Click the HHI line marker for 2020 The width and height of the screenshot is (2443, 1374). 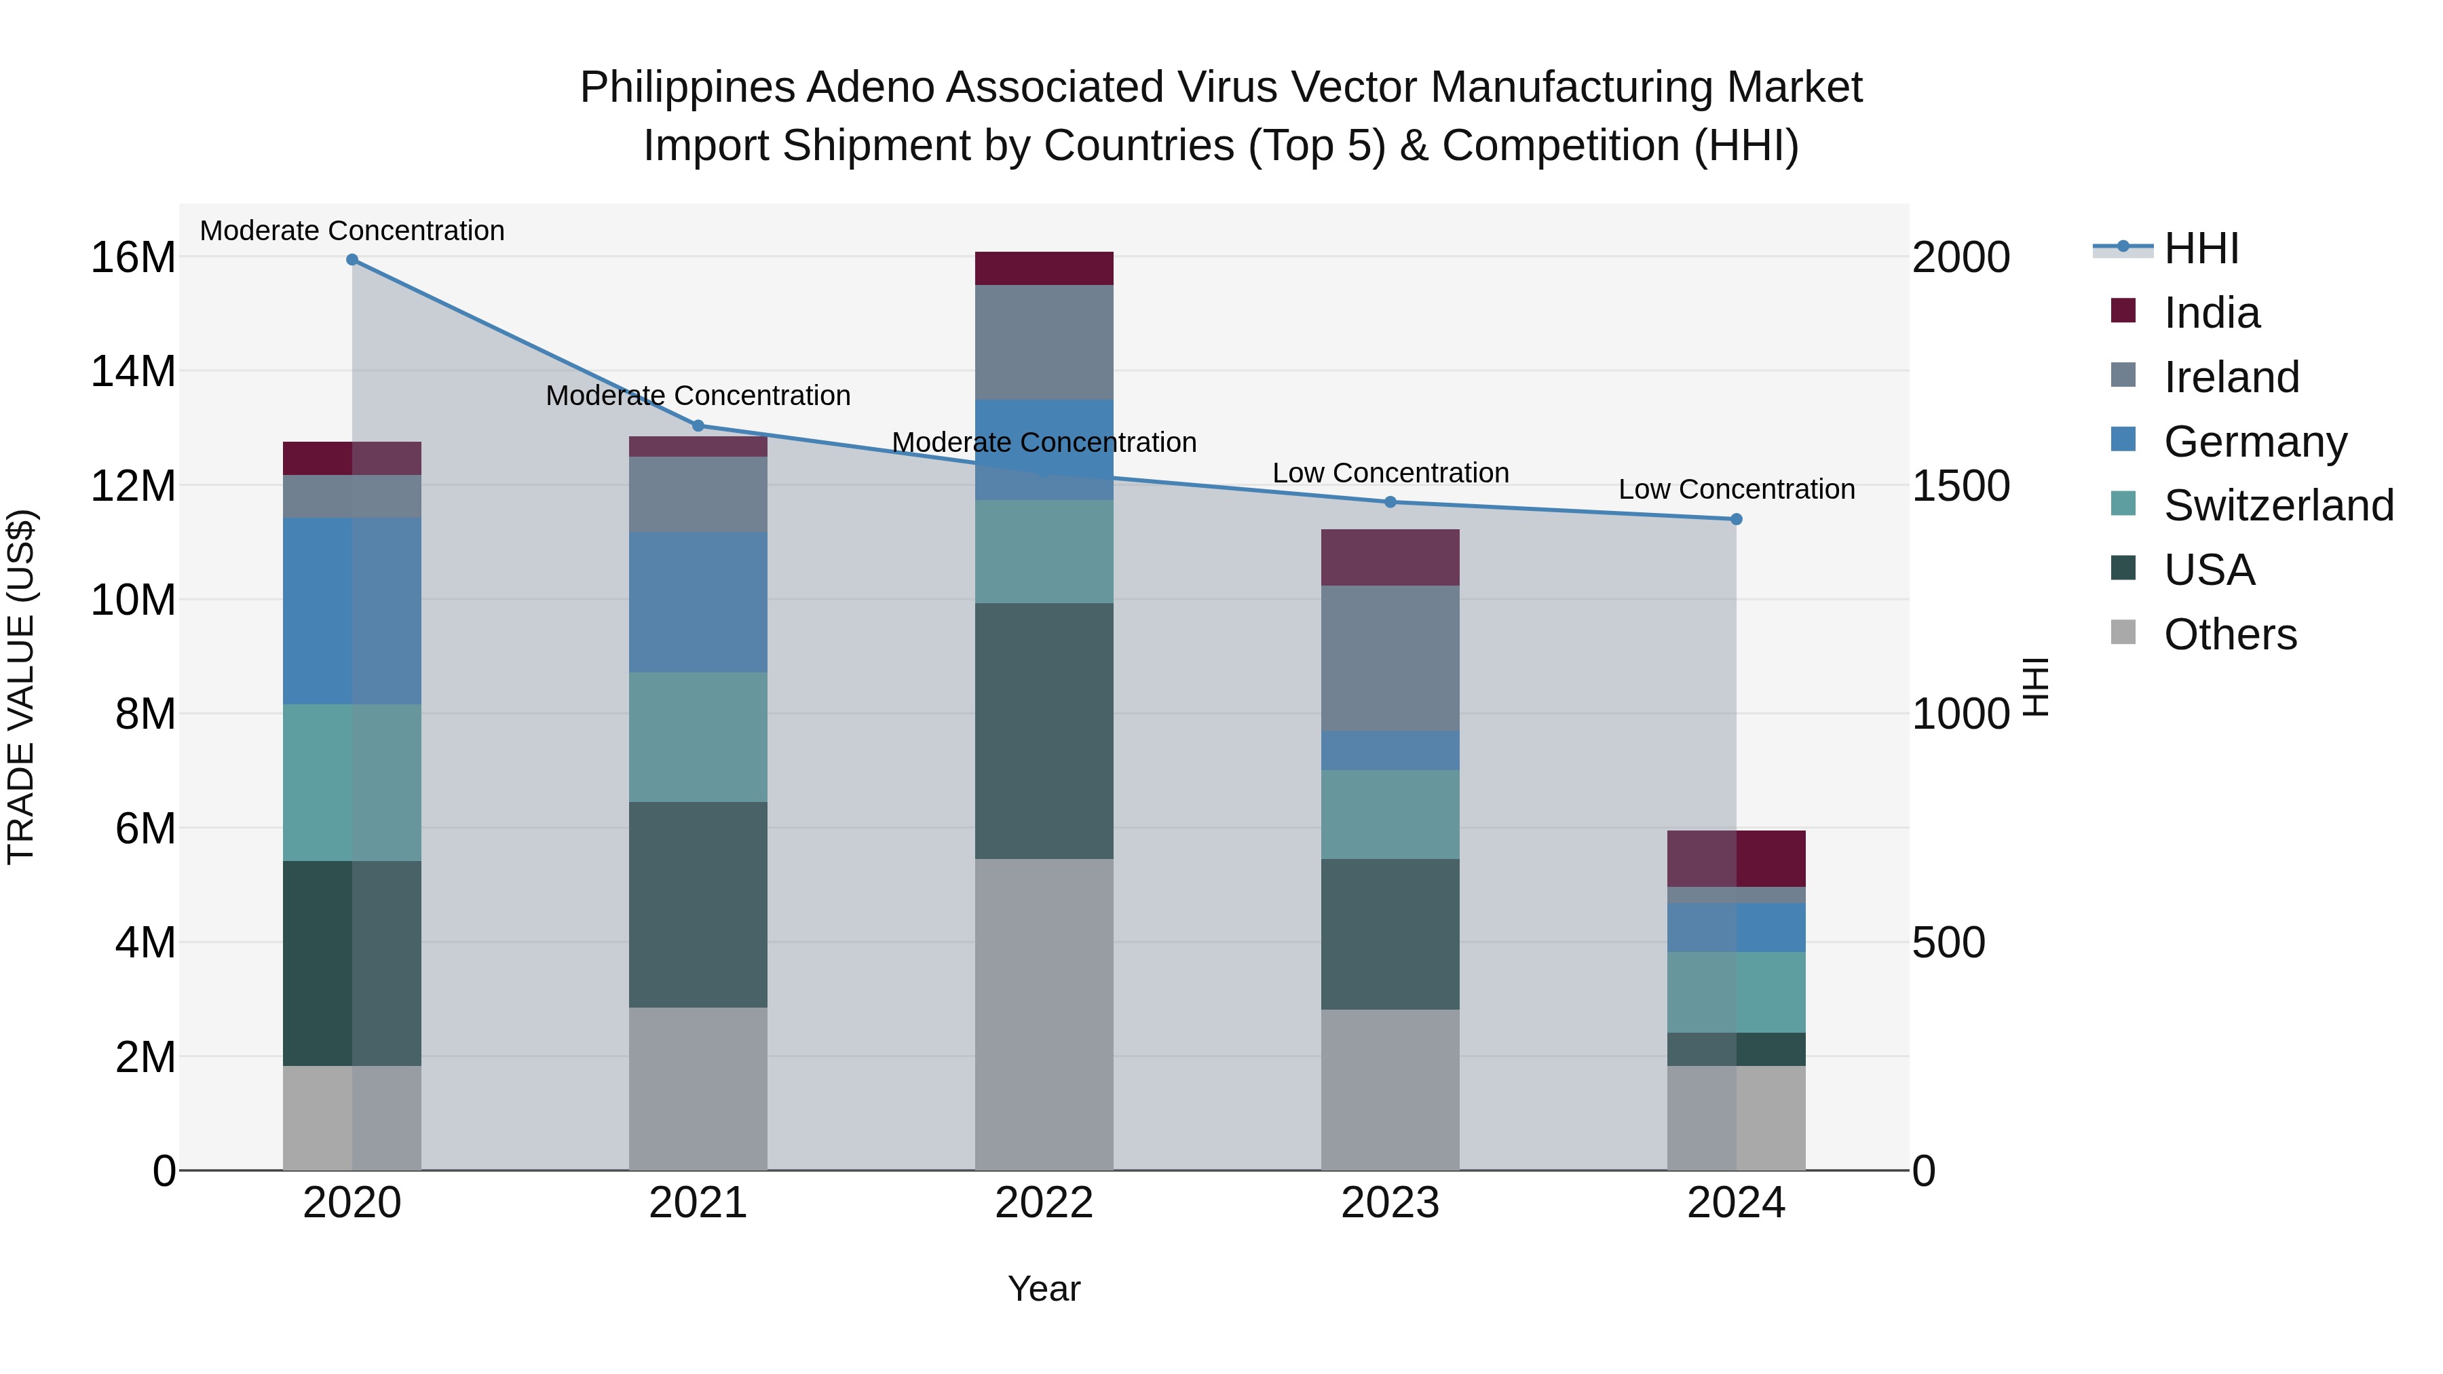point(352,260)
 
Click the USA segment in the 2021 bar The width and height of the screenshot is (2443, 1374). point(698,904)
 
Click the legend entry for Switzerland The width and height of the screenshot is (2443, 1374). point(2278,505)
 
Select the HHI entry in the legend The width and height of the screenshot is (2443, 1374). point(2200,248)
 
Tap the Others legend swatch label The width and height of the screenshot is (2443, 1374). point(2230,634)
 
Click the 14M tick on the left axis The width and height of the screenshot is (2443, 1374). point(133,370)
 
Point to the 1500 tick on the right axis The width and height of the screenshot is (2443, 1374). point(1961,486)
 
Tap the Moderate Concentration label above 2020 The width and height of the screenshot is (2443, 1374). point(352,231)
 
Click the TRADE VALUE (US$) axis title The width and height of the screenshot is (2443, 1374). point(22,687)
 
